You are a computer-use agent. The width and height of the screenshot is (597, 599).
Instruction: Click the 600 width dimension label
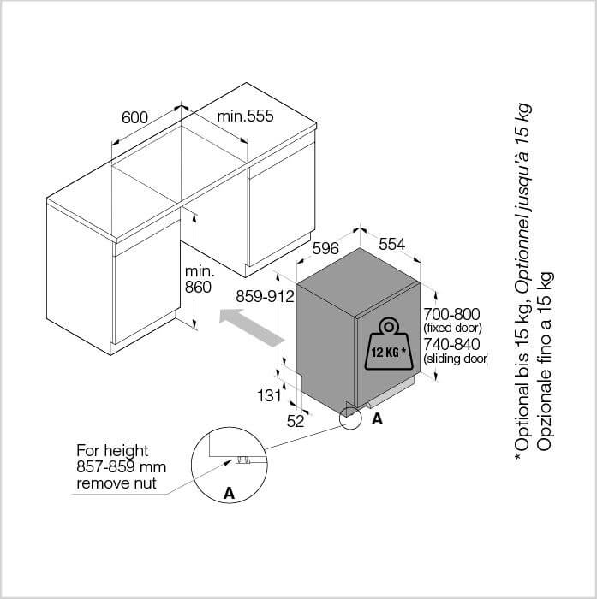click(x=134, y=117)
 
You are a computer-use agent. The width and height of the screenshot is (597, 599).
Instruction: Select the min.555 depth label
click(x=245, y=116)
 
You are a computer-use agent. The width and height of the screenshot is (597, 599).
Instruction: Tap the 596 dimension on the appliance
click(x=325, y=248)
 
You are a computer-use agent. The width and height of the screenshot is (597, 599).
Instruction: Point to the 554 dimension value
click(x=391, y=244)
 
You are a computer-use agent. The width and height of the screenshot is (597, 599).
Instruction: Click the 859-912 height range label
click(x=265, y=296)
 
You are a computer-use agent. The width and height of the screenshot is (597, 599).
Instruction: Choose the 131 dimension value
click(x=269, y=395)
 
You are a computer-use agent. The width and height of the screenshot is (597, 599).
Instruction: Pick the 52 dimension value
click(x=296, y=421)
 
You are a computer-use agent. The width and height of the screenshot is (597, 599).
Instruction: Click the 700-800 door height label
click(x=451, y=314)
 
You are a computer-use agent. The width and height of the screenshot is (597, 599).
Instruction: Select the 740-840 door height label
click(x=451, y=344)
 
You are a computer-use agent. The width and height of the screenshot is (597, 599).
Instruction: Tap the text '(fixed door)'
click(x=453, y=328)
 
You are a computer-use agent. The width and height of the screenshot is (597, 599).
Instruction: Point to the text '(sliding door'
click(x=455, y=359)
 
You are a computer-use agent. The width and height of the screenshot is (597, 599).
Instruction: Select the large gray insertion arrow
click(x=252, y=328)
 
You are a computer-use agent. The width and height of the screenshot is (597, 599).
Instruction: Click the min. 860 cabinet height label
click(x=200, y=279)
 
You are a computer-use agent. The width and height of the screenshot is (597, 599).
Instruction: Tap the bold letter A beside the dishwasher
click(x=377, y=419)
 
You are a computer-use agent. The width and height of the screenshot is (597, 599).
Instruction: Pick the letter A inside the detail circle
click(x=229, y=493)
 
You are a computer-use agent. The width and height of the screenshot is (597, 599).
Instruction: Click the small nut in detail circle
click(x=242, y=460)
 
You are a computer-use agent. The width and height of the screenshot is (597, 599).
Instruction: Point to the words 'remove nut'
click(x=116, y=483)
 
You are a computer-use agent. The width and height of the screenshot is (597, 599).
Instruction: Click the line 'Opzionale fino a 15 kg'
click(x=544, y=361)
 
